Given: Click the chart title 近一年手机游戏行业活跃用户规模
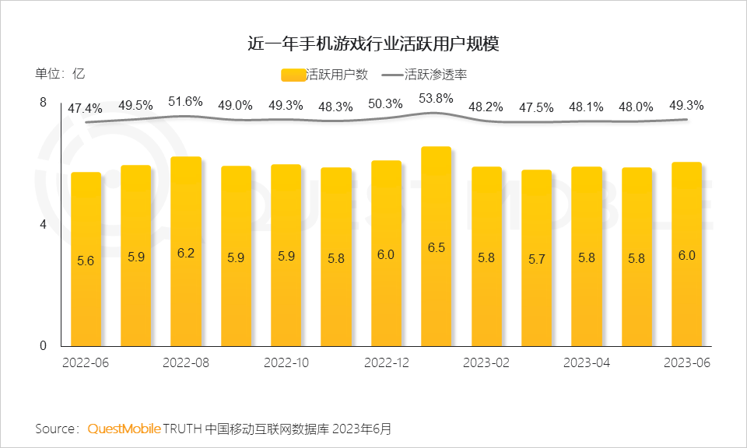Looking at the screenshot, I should click(373, 43).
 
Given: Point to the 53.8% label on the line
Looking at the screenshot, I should click(436, 99).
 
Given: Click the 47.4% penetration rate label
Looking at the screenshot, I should click(85, 108).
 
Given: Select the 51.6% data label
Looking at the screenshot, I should click(185, 102).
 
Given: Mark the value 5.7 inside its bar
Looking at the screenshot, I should click(536, 260).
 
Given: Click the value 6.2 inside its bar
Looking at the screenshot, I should click(186, 252).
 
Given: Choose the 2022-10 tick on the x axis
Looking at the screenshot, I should click(286, 363).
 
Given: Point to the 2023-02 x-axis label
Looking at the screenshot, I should click(486, 363).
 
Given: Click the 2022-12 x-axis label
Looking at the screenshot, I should click(387, 363).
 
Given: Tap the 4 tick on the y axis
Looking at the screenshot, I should click(44, 225).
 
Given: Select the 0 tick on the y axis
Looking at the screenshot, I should click(44, 346).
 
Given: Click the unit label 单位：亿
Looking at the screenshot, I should click(60, 75).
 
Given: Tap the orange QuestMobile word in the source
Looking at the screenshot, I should click(124, 429).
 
